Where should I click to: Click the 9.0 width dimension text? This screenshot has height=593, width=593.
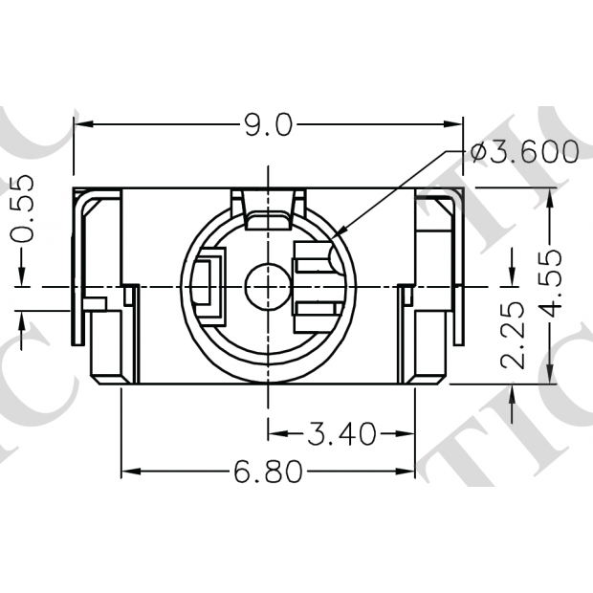(x=268, y=124)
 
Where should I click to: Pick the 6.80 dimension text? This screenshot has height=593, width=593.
(x=268, y=472)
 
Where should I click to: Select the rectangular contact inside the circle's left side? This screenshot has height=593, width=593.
(x=207, y=284)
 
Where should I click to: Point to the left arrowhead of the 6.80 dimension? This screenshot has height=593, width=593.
(x=129, y=472)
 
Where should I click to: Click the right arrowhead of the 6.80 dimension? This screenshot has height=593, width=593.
(x=407, y=472)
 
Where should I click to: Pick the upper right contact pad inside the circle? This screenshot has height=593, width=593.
(x=312, y=256)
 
